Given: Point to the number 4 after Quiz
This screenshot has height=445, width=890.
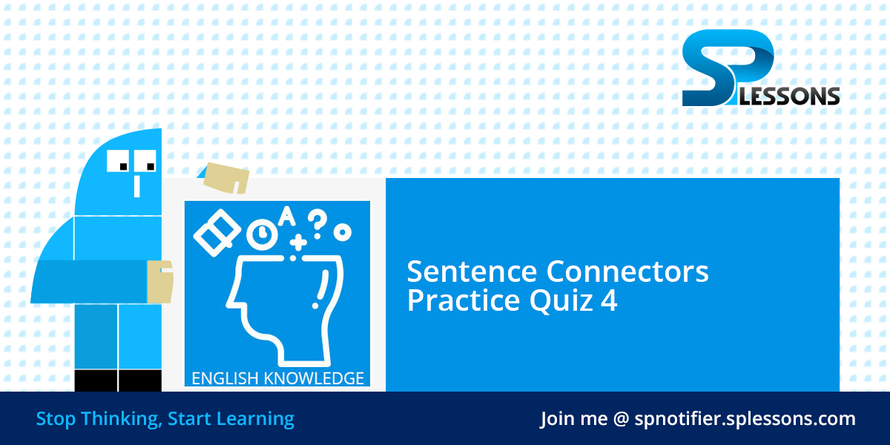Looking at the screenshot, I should click(x=609, y=301).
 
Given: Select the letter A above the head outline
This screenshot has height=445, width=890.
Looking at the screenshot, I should click(x=287, y=216).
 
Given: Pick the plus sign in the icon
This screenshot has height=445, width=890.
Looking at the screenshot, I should click(x=298, y=242).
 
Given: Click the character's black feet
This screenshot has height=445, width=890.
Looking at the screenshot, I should click(x=118, y=380).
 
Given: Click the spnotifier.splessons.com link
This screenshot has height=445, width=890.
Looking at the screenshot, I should click(x=745, y=418).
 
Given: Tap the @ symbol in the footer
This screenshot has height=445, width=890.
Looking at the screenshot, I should click(x=621, y=418).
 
